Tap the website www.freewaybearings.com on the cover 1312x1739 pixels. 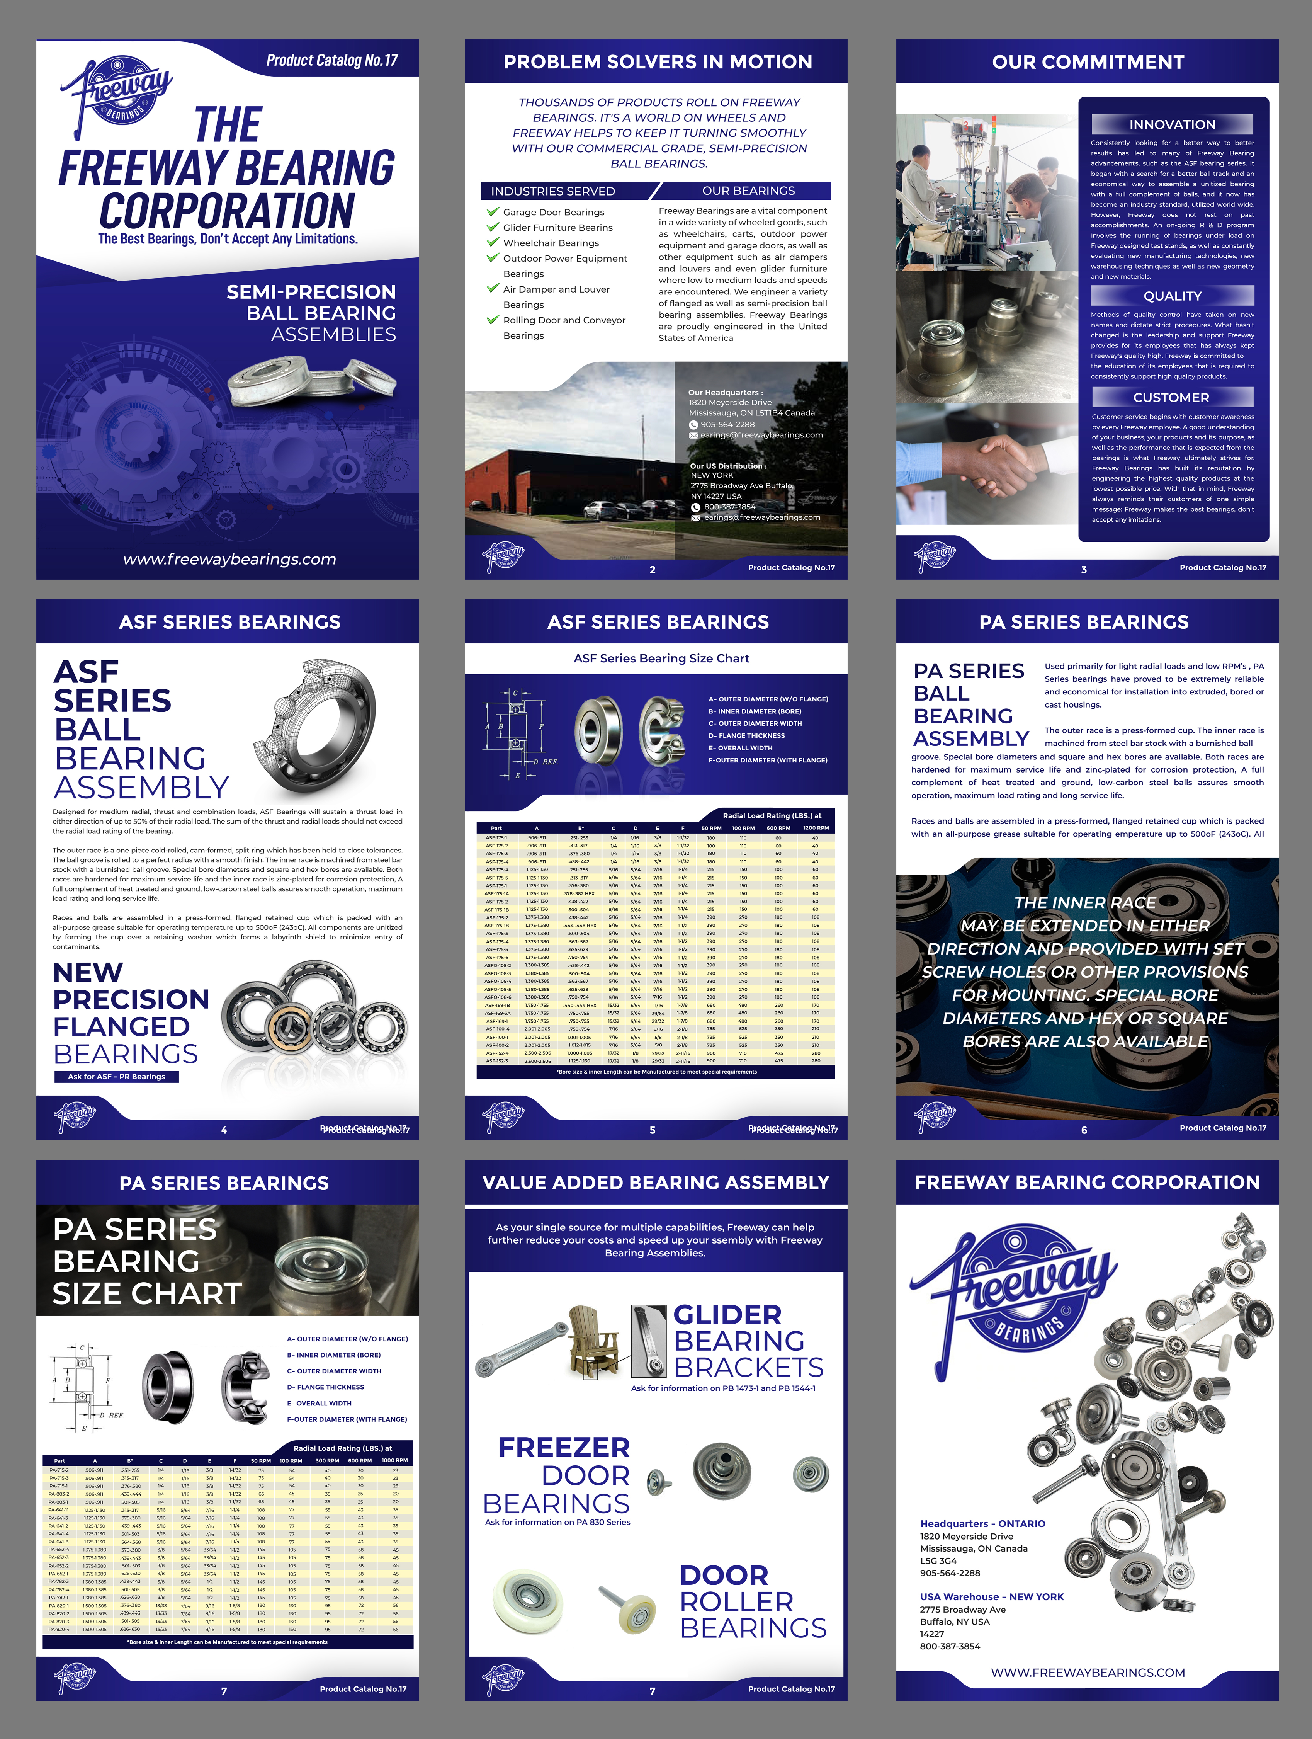coord(229,559)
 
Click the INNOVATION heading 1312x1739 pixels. coord(1172,124)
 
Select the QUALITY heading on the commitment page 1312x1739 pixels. coord(1172,296)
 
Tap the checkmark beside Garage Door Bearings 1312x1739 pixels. coord(493,211)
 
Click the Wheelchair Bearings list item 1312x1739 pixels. coord(551,243)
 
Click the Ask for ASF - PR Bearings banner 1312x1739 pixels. coord(116,1076)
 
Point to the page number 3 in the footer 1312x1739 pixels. coord(1084,569)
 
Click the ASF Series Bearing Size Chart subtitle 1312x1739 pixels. coord(661,658)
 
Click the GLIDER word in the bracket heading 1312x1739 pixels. coord(727,1314)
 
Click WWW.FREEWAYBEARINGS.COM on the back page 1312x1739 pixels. coord(1087,1672)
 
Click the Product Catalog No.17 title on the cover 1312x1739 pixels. coord(332,61)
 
